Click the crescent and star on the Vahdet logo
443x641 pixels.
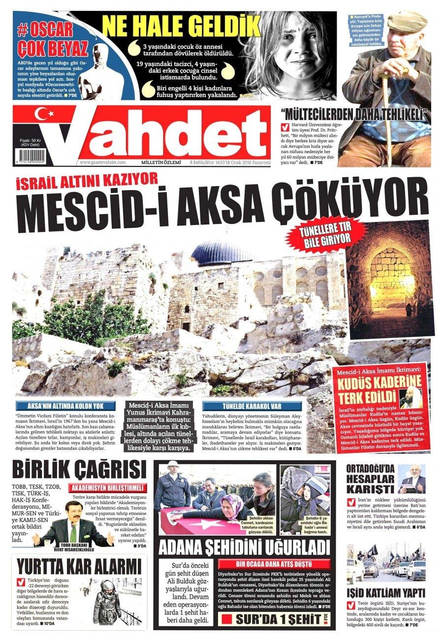pos(45,115)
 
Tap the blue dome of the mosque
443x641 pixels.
pos(217,252)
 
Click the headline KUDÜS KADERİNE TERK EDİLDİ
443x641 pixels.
pos(380,389)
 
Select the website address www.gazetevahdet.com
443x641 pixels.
pos(103,162)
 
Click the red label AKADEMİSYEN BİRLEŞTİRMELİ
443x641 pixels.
pos(108,487)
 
